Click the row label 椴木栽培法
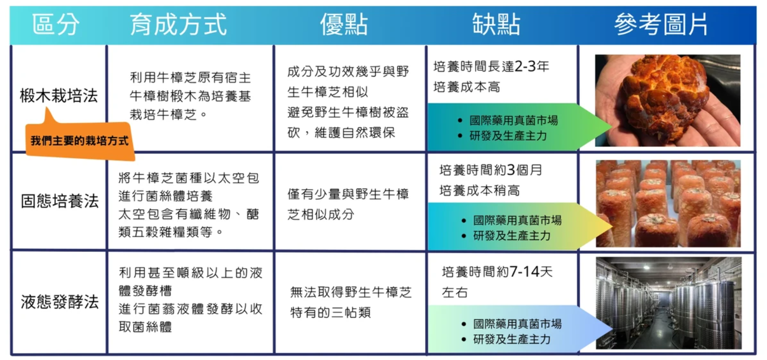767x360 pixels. (x=59, y=96)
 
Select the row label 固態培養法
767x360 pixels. (x=59, y=201)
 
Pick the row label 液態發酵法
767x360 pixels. (x=59, y=302)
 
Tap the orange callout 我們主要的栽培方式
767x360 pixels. (x=80, y=140)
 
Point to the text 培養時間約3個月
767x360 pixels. (x=491, y=170)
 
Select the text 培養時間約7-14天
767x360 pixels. (x=497, y=272)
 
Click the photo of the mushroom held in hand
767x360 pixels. (x=667, y=100)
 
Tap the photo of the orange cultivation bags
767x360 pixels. (x=668, y=203)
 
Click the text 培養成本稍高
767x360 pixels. (x=479, y=191)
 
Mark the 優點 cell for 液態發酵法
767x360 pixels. (x=351, y=302)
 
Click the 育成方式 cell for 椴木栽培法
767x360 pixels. (x=190, y=96)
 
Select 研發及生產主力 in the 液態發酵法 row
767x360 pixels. (x=512, y=339)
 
